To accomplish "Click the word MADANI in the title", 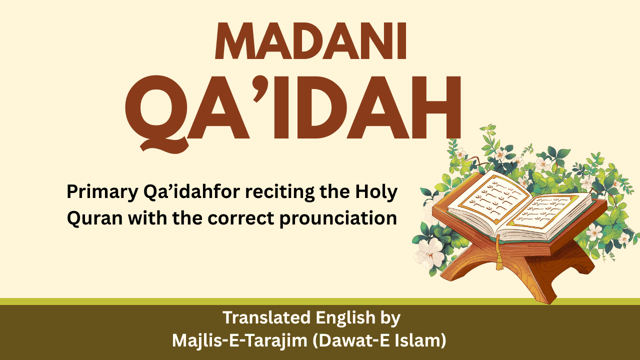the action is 310,41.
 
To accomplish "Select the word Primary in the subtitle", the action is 102,192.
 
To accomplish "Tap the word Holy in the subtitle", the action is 376,192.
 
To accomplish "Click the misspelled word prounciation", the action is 338,219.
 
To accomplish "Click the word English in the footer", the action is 345,317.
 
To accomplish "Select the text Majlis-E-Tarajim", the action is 239,341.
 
